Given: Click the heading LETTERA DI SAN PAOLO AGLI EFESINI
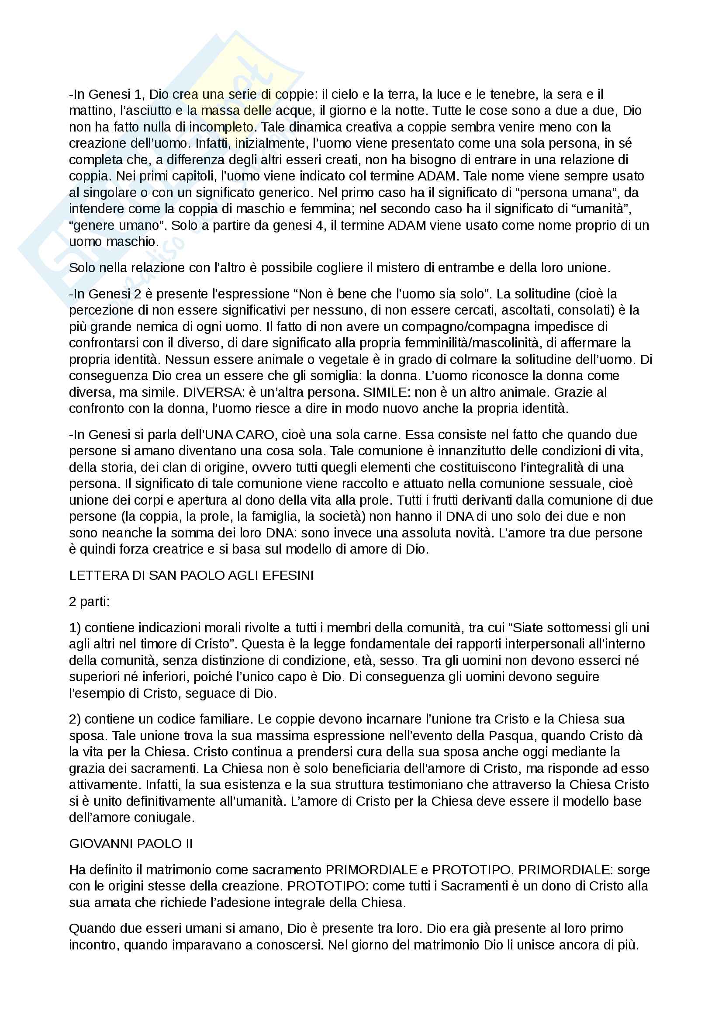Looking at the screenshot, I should click(191, 575).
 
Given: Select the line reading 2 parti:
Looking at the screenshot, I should click(90, 602).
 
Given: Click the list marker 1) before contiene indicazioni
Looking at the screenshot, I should click(75, 628).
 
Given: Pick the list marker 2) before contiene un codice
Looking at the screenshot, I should click(75, 719).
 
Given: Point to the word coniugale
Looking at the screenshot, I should click(163, 818).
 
